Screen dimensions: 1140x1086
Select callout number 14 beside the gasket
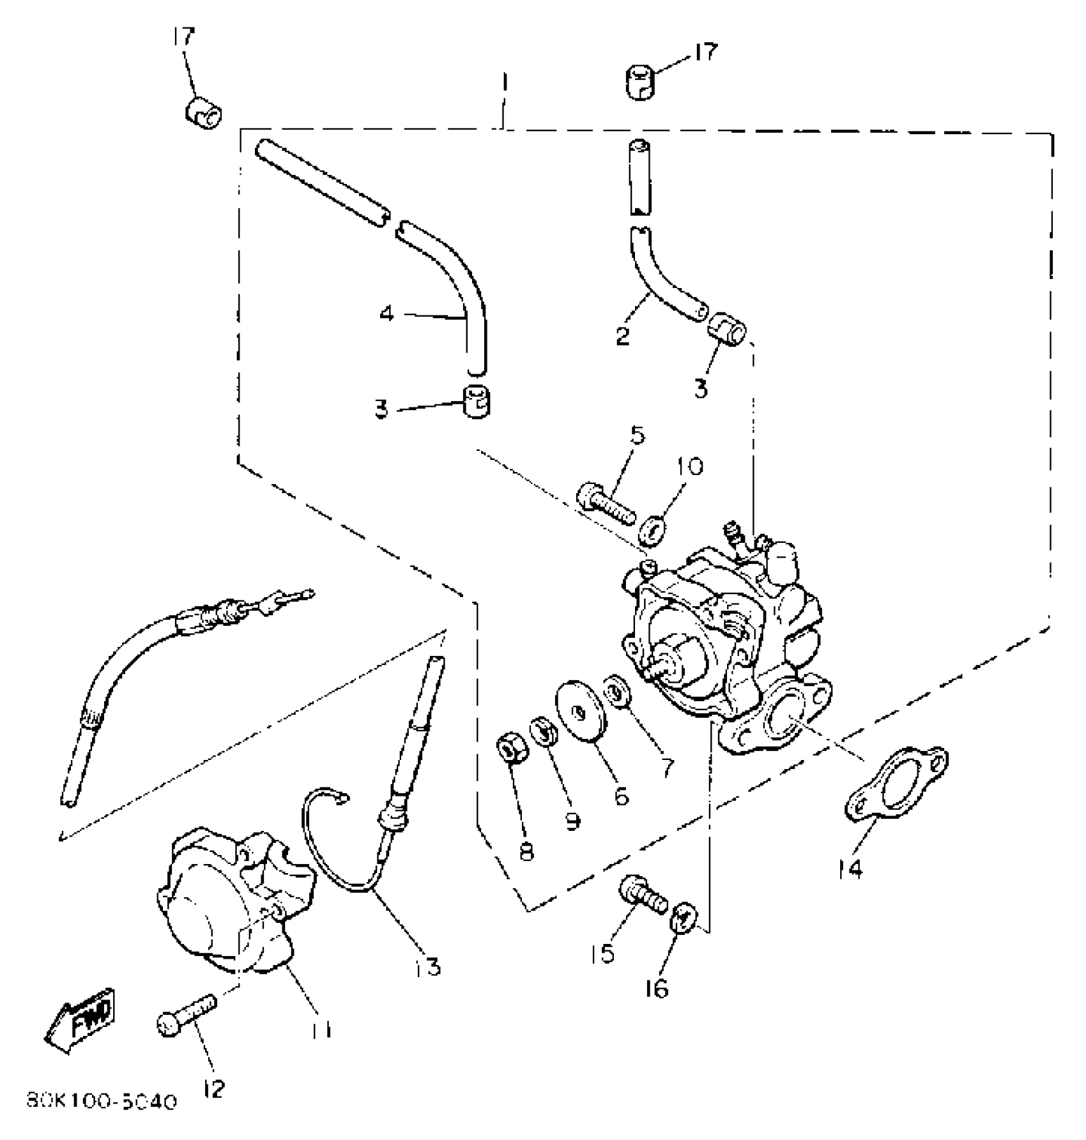[850, 869]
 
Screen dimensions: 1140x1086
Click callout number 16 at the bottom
[656, 989]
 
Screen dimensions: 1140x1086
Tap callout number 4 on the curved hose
[386, 314]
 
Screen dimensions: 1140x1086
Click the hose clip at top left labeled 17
[204, 112]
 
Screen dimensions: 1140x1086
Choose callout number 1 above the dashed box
[504, 83]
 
